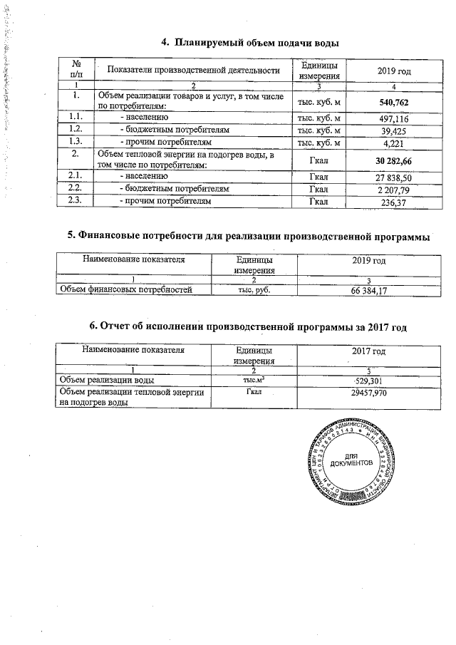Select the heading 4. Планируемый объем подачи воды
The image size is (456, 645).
(x=249, y=43)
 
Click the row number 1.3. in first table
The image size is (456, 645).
(x=71, y=142)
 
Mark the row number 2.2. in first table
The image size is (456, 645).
(x=71, y=189)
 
